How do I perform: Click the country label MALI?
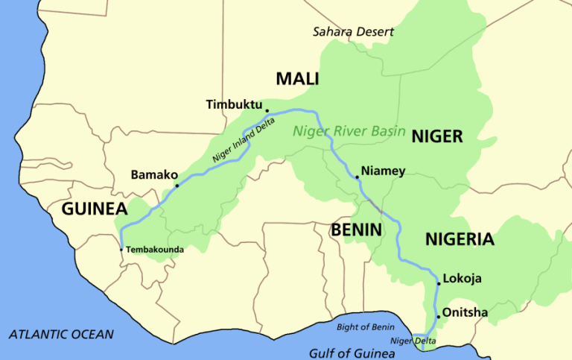click(x=297, y=78)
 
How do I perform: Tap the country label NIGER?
click(x=437, y=136)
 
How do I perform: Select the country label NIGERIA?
click(x=460, y=239)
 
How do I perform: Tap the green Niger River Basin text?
click(x=349, y=132)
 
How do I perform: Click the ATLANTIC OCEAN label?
click(x=62, y=334)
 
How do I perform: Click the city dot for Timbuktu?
click(x=267, y=110)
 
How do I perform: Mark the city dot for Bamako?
click(x=177, y=185)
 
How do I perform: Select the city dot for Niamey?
click(x=357, y=177)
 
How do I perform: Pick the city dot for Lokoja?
click(x=438, y=284)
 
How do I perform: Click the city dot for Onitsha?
click(x=438, y=317)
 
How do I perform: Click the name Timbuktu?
click(x=234, y=105)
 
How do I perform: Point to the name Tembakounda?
click(x=155, y=250)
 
